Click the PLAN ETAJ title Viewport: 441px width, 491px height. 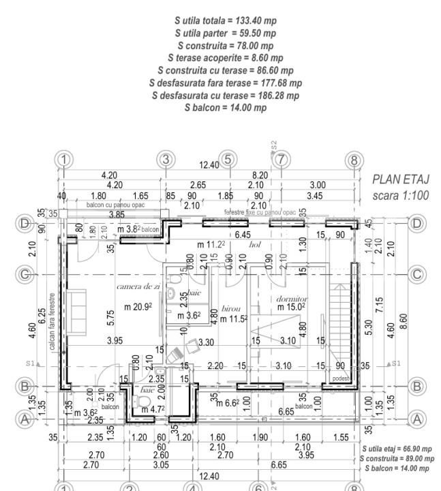399,180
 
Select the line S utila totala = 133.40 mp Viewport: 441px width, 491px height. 226,21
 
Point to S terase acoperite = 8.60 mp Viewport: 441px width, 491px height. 226,58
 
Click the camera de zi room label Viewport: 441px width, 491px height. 138,286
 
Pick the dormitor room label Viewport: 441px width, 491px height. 292,299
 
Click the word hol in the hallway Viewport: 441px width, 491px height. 256,243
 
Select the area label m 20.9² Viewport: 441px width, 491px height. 138,307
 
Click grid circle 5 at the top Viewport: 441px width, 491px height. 228,160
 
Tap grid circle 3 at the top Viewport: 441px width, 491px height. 166,160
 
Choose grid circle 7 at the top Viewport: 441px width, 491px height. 280,160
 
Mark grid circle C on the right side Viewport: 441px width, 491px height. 417,274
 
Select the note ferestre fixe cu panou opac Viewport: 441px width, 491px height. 260,212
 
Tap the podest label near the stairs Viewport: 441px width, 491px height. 339,378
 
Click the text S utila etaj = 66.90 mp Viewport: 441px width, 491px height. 397,449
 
